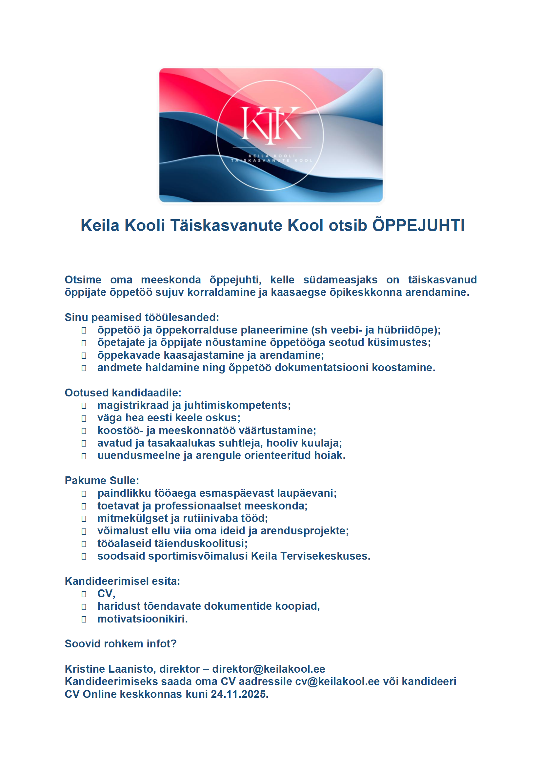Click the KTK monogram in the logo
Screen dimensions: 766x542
coord(271,125)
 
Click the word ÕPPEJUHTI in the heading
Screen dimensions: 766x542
coord(418,225)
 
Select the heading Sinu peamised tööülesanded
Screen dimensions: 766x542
coord(142,317)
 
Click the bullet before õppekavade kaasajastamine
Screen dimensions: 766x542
coord(84,356)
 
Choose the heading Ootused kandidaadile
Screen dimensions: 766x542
coord(123,393)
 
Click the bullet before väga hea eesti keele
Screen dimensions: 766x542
coord(84,418)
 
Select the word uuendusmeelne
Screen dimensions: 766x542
coord(139,455)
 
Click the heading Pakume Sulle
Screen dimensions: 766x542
coord(102,480)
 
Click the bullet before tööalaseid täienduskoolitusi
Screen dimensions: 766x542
coord(84,544)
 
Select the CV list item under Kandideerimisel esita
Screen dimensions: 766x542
coord(106,594)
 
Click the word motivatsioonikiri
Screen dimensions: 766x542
coord(143,619)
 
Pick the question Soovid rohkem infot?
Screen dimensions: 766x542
coord(121,643)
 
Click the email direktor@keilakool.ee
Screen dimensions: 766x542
coord(269,669)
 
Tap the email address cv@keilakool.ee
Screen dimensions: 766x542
coord(337,681)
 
